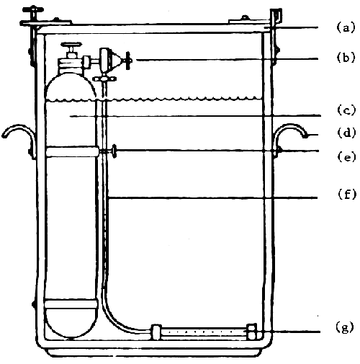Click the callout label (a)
346,27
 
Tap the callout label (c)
346,112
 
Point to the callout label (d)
346,133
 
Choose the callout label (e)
346,154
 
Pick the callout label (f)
346,194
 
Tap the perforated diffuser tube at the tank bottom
202,333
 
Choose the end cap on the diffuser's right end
252,332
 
